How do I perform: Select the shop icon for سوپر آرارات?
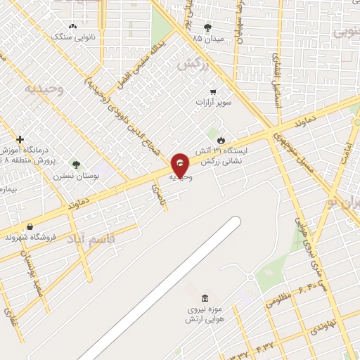click(x=213, y=91)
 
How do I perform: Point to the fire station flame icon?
click(x=223, y=139)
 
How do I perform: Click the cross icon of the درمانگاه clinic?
click(x=20, y=139)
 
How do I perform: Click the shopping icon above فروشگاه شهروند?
click(x=30, y=226)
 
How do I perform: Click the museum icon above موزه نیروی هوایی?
click(x=204, y=297)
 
